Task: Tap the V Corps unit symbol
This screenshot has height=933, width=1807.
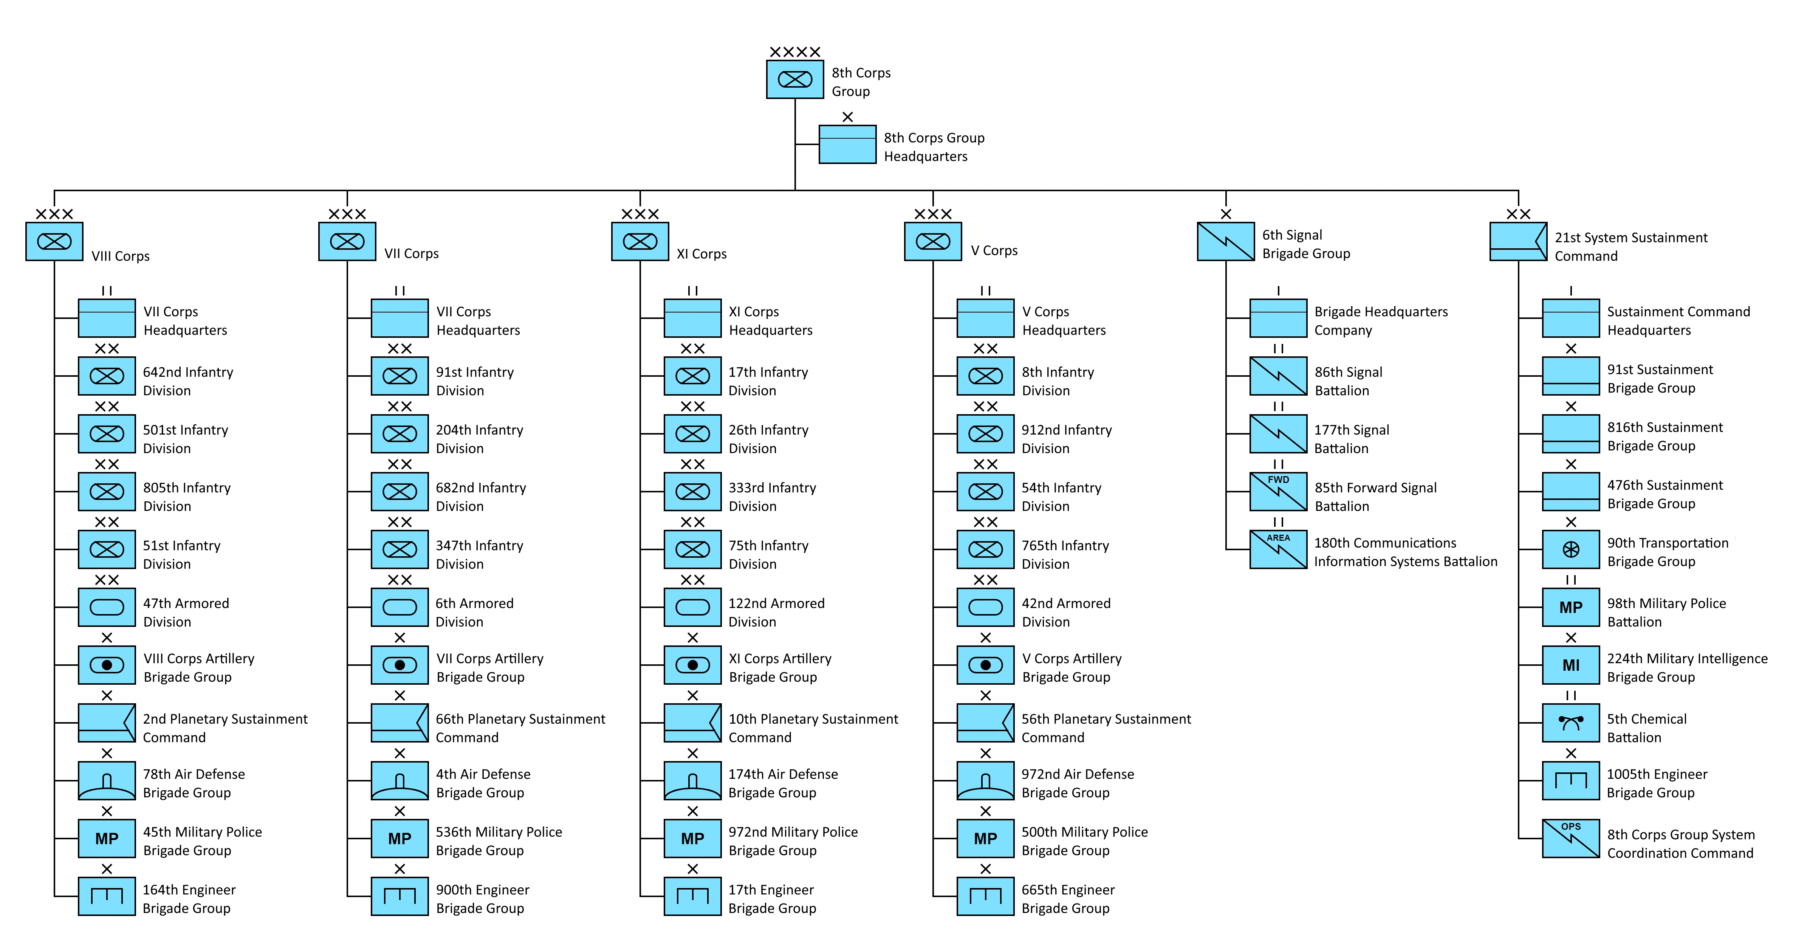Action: click(x=932, y=241)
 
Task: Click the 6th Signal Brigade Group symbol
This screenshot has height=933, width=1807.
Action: click(x=1225, y=241)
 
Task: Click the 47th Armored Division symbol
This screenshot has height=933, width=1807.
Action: click(x=107, y=608)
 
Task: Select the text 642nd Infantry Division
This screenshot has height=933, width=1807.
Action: click(x=187, y=381)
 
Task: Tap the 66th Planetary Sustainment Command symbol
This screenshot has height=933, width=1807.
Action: click(x=399, y=723)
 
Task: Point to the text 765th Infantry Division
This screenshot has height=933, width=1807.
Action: click(x=1065, y=554)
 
